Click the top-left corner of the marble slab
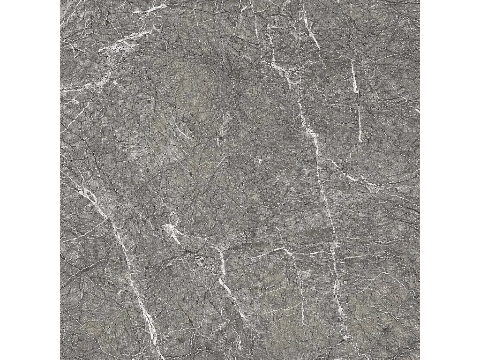[60, 0]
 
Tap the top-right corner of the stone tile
[419, 0]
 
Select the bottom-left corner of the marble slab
[60, 359]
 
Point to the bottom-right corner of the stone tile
[419, 359]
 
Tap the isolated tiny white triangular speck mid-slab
[260, 161]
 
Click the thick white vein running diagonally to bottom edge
[136, 291]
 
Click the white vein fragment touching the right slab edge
[417, 110]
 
